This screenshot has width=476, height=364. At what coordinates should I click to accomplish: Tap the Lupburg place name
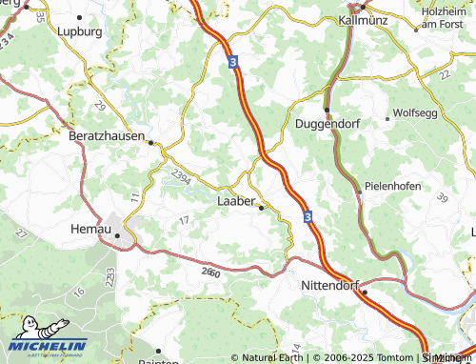click(80, 31)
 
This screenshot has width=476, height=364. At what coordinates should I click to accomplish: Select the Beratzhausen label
click(107, 136)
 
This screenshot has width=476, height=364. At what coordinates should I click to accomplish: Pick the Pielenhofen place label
click(393, 186)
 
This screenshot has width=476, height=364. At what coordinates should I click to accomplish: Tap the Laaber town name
click(237, 201)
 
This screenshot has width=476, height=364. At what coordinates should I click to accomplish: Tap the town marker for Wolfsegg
click(387, 119)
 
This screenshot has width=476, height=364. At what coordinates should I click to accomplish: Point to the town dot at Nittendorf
click(363, 292)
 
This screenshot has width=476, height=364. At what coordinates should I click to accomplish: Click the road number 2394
click(182, 173)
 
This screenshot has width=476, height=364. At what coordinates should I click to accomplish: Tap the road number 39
click(443, 196)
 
